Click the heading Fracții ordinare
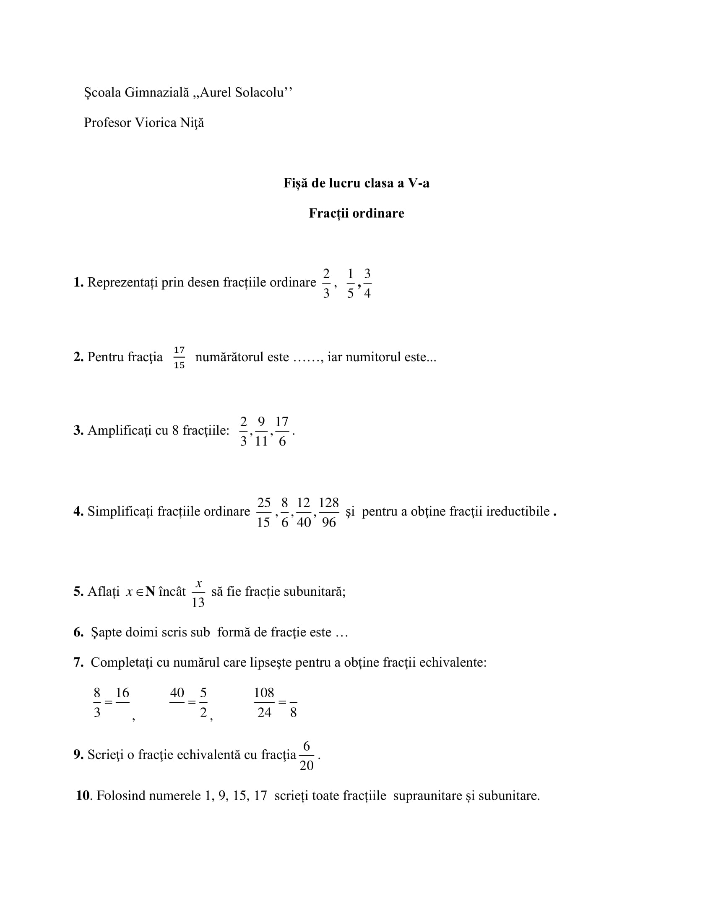tap(356, 213)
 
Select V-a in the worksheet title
tap(418, 183)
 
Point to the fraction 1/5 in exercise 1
tap(350, 283)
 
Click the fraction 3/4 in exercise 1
tap(367, 283)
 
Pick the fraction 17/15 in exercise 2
tap(179, 357)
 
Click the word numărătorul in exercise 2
tap(242, 357)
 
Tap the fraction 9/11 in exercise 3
tap(261, 431)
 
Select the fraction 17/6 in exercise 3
tap(282, 431)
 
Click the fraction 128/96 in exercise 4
tap(329, 512)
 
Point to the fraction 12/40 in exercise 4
tap(304, 512)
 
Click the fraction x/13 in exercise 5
tap(198, 593)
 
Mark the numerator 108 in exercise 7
tap(264, 693)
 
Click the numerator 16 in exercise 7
tap(122, 693)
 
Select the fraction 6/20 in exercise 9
tap(307, 756)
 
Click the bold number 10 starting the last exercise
tap(83, 795)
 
